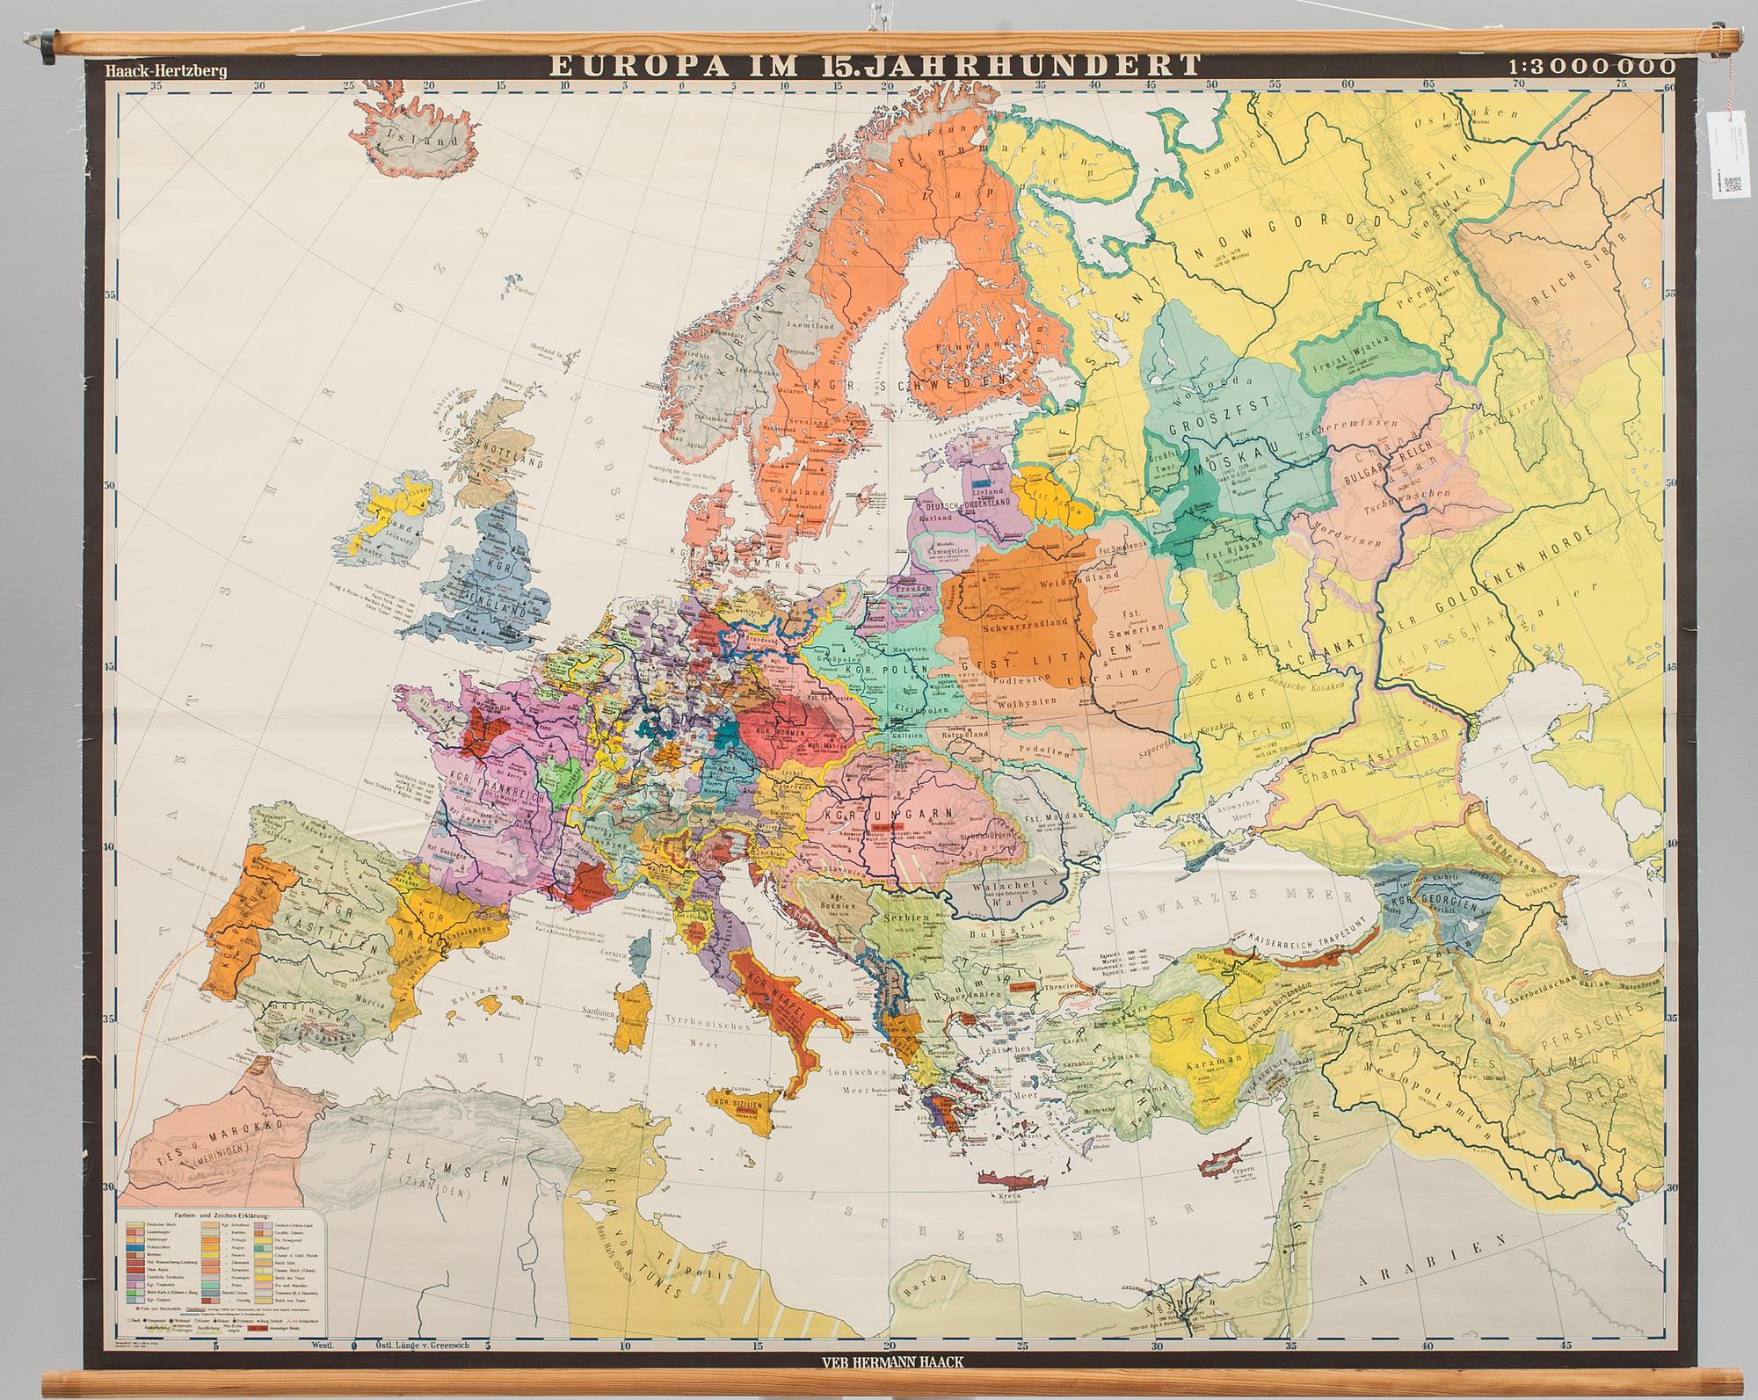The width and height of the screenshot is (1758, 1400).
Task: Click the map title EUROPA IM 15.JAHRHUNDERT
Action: tap(875, 67)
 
